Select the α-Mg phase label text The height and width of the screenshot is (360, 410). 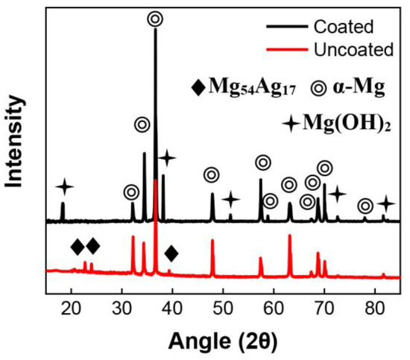pos(358,88)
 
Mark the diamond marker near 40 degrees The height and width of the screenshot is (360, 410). pos(171,253)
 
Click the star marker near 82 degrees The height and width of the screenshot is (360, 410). pos(385,203)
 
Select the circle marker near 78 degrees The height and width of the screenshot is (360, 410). pos(365,206)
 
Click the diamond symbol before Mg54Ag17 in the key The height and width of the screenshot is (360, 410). pos(198,88)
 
